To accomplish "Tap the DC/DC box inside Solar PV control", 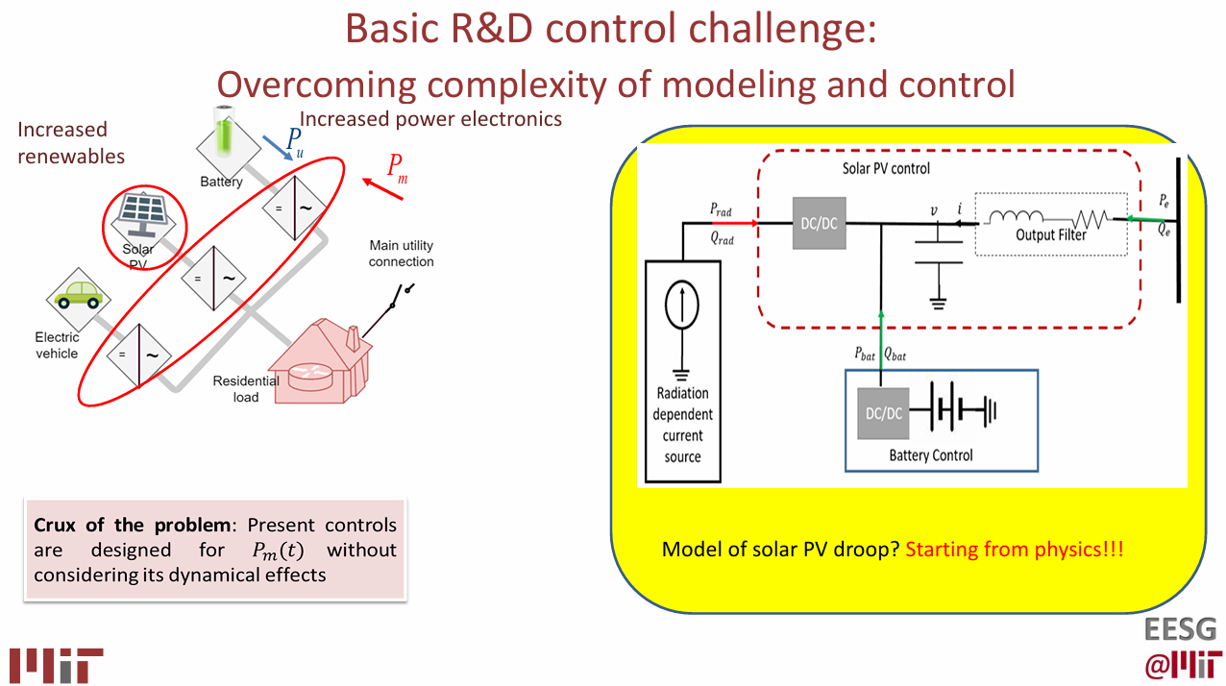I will point(819,224).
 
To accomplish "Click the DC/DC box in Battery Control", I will point(883,413).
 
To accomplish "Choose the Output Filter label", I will point(1051,234).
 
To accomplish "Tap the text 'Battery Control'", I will point(930,454).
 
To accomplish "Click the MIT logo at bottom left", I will point(56,665).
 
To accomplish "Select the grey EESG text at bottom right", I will point(1180,630).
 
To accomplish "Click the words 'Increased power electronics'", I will point(430,119).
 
